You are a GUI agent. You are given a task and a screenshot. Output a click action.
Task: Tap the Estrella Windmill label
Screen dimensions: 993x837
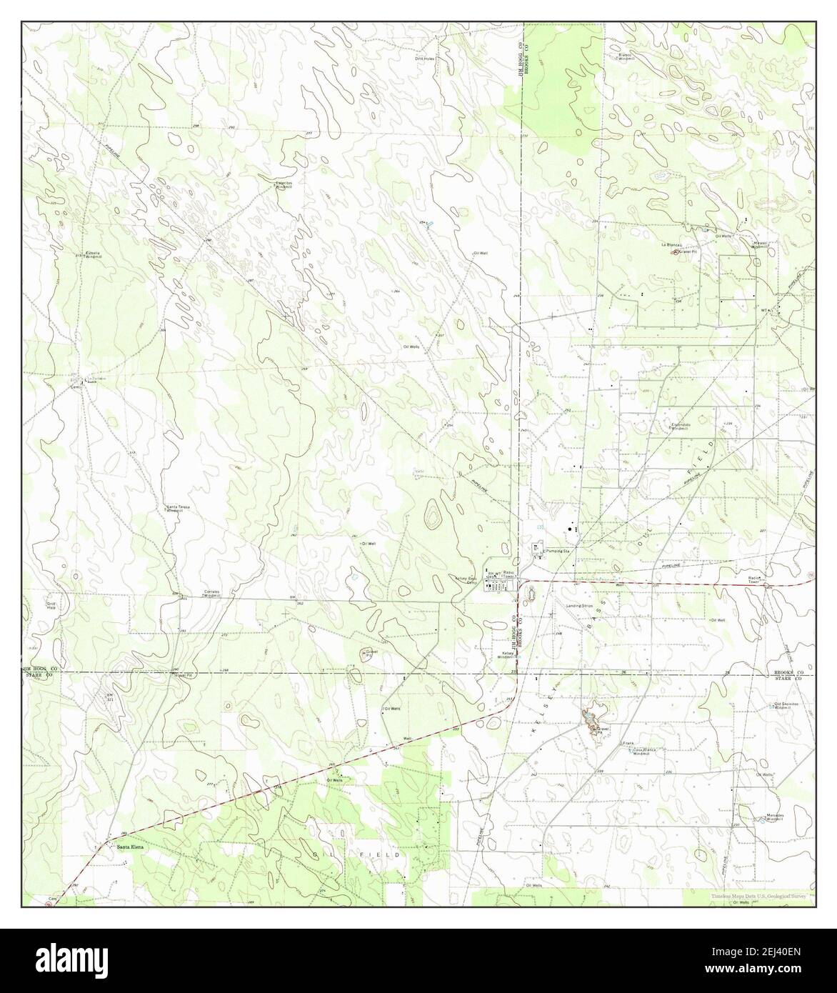pyautogui.click(x=94, y=255)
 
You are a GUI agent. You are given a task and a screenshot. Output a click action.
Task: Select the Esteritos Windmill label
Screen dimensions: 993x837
pyautogui.click(x=284, y=184)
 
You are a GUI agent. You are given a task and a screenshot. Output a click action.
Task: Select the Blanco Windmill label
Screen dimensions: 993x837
pyautogui.click(x=625, y=56)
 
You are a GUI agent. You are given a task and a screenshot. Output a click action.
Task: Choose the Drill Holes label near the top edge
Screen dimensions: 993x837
pyautogui.click(x=424, y=58)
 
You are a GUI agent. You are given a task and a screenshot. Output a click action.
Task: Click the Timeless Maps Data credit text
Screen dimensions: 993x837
pyautogui.click(x=758, y=895)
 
